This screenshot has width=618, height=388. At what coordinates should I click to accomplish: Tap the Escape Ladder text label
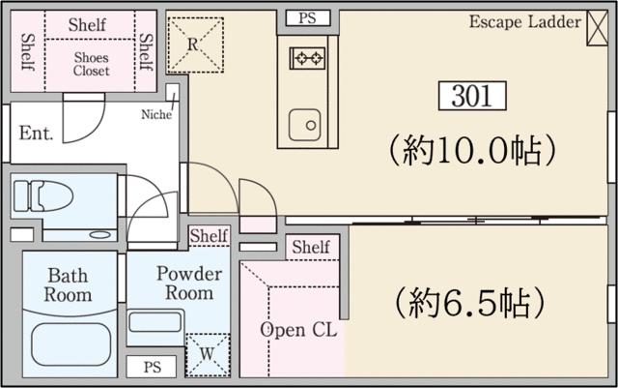pyautogui.click(x=525, y=20)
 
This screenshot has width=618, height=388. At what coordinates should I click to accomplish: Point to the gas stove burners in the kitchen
pyautogui.click(x=308, y=58)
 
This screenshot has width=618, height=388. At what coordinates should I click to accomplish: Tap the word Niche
pyautogui.click(x=155, y=114)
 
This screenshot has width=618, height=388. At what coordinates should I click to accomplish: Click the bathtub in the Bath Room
pyautogui.click(x=72, y=342)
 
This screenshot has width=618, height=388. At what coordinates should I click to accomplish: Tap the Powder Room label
pyautogui.click(x=189, y=283)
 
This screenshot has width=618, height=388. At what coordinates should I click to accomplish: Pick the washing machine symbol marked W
pyautogui.click(x=208, y=354)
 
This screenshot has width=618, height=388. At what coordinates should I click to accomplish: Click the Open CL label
pyautogui.click(x=298, y=330)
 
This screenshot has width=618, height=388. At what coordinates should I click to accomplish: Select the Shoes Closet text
pyautogui.click(x=92, y=64)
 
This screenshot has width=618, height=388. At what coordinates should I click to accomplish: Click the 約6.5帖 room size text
pyautogui.click(x=463, y=303)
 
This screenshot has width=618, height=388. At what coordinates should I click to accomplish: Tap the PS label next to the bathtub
pyautogui.click(x=152, y=368)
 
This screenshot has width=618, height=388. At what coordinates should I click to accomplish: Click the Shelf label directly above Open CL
pyautogui.click(x=310, y=248)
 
